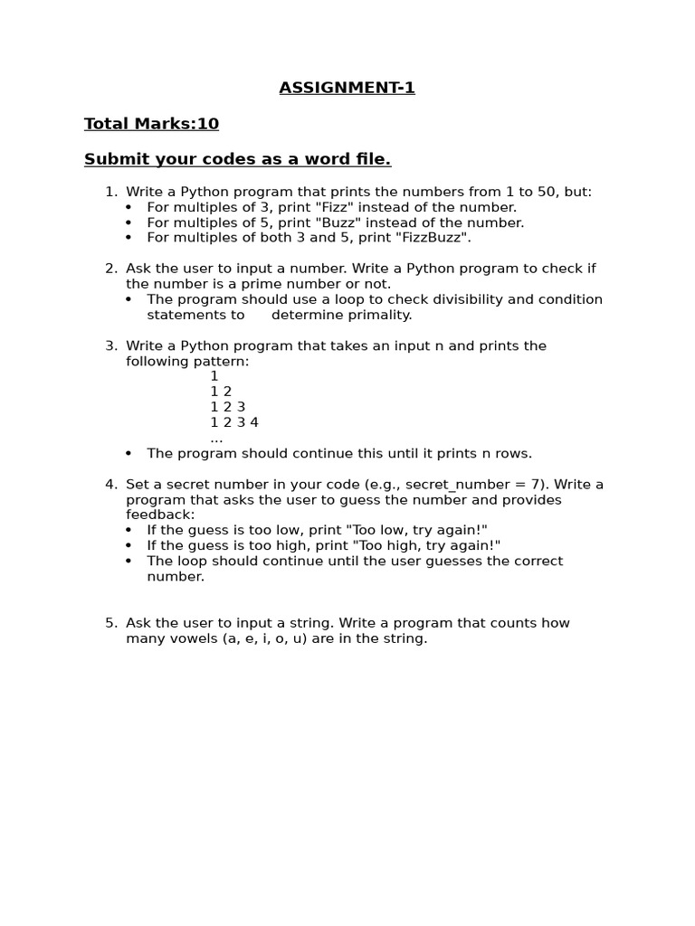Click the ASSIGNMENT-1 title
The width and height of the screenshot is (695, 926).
pyautogui.click(x=347, y=88)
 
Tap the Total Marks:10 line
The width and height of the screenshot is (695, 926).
pyautogui.click(x=151, y=124)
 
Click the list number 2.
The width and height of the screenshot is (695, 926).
pyautogui.click(x=110, y=269)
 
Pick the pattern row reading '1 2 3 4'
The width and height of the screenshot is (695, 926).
pyautogui.click(x=234, y=422)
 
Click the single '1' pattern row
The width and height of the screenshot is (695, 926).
pyautogui.click(x=214, y=376)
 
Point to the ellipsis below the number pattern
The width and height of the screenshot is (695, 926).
pyautogui.click(x=216, y=439)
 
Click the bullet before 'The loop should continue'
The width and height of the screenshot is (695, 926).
pyautogui.click(x=129, y=562)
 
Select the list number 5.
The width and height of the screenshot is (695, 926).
pyautogui.click(x=110, y=623)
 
